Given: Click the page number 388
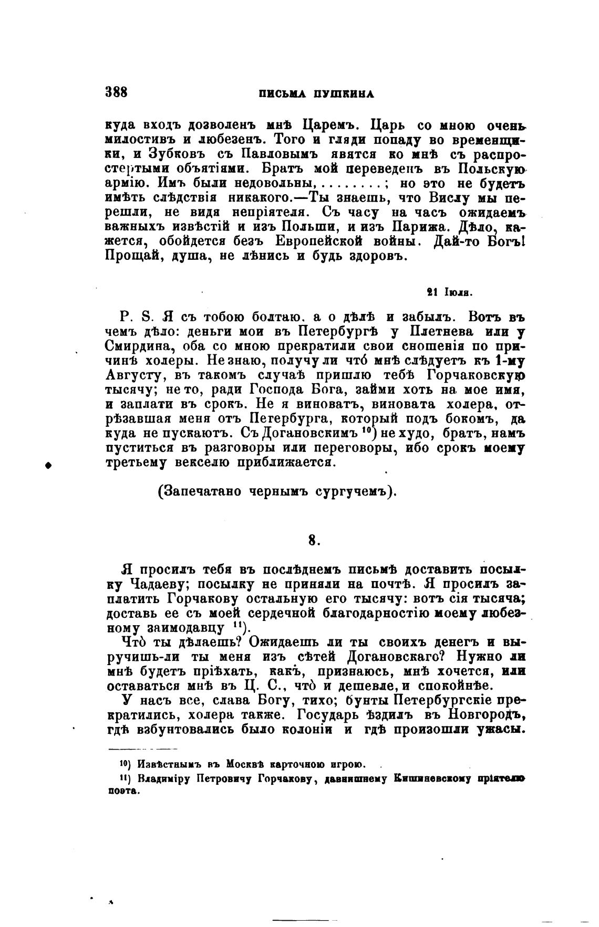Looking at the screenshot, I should click(x=116, y=92).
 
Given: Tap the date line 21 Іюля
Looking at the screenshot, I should click(x=450, y=292).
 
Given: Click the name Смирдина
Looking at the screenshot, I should click(x=136, y=346).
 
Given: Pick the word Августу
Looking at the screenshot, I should click(x=138, y=376).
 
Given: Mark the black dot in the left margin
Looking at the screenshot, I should click(x=48, y=464).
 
